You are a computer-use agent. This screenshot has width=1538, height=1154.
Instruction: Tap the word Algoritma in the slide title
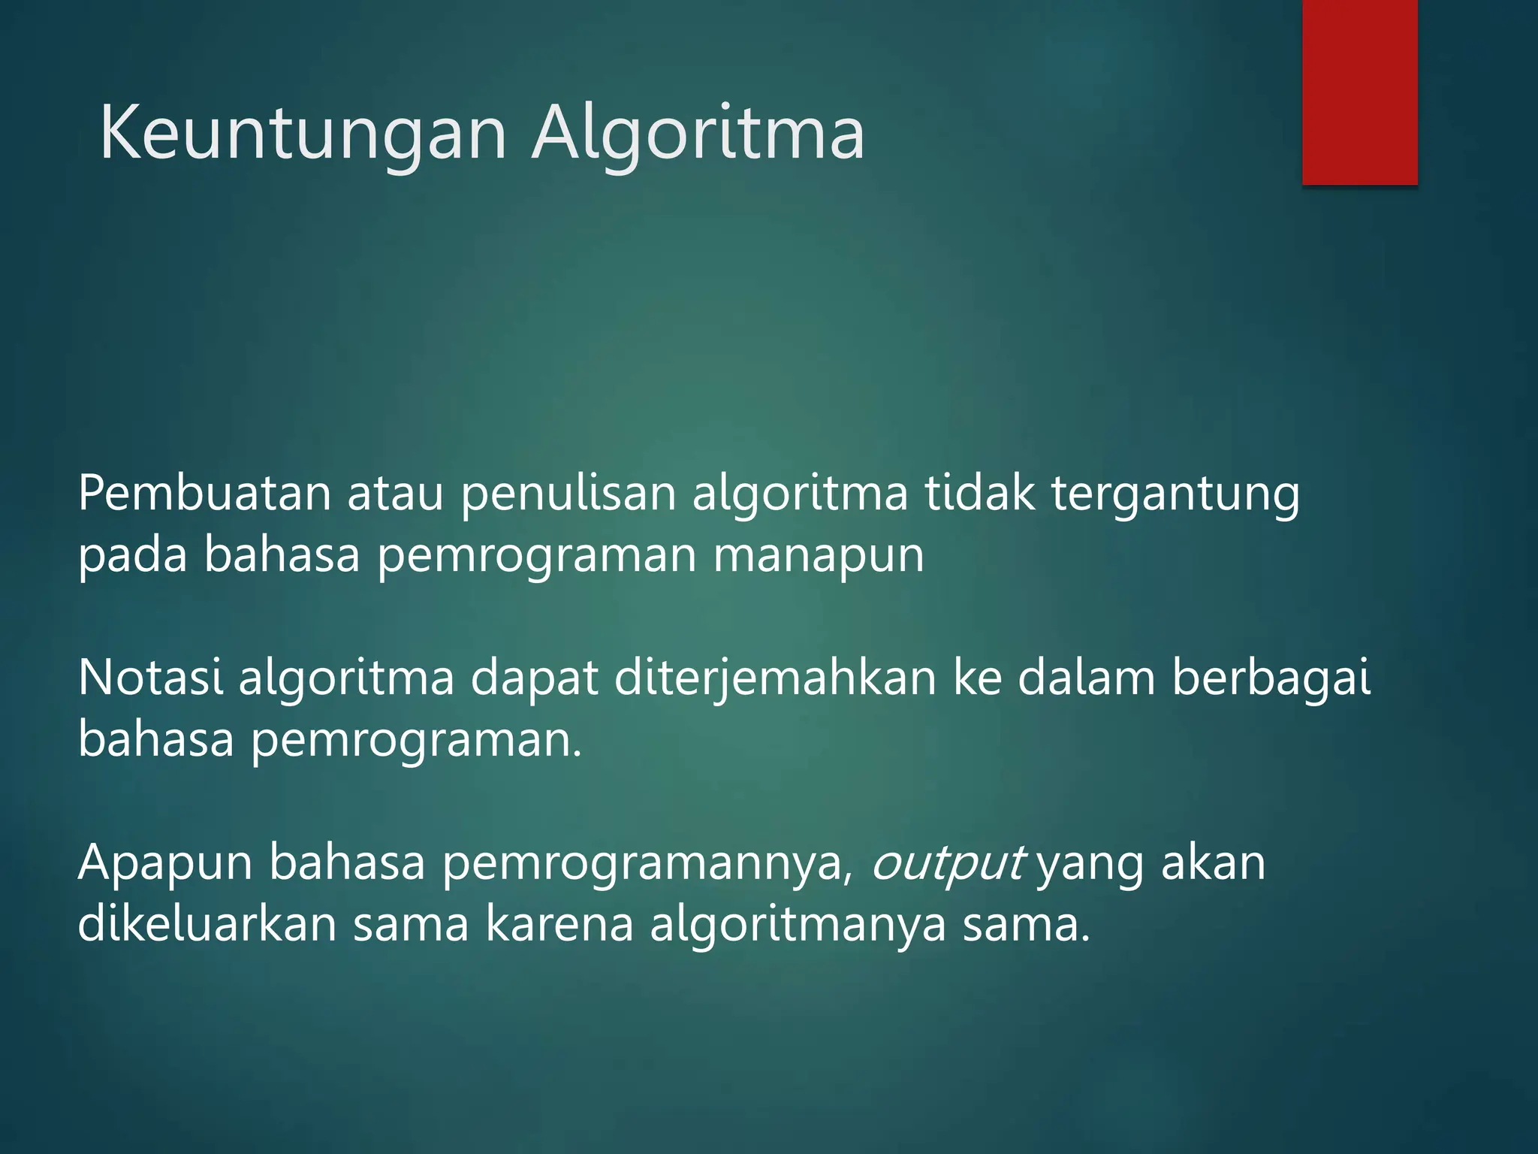(x=698, y=134)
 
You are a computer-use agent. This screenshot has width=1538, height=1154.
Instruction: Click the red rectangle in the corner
(x=1359, y=92)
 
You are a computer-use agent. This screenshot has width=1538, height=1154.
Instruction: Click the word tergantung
(x=1175, y=496)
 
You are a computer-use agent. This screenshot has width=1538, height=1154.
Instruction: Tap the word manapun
(x=818, y=557)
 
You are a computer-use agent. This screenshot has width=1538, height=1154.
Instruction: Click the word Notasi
(x=150, y=678)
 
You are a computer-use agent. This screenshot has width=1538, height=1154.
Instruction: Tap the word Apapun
(x=165, y=864)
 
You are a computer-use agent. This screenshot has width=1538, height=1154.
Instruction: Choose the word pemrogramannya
(x=647, y=864)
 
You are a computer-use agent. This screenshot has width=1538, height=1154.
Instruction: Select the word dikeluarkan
(x=207, y=924)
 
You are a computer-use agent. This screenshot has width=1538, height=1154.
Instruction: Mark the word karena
(x=559, y=924)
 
